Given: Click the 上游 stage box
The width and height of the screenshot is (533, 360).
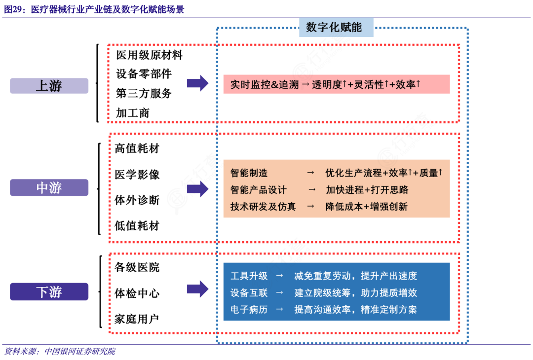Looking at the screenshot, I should pos(49,85).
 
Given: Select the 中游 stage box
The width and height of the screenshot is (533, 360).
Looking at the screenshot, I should pos(49,187).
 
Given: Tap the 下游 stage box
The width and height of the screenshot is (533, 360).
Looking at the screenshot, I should pos(49,291).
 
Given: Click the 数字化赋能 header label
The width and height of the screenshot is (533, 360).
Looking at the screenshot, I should pos(334,27).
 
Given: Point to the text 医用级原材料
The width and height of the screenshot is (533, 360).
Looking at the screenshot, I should pos(149,55).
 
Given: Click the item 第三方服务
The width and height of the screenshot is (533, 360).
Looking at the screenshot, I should pos(144,93).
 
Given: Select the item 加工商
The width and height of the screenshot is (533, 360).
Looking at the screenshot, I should pos(132,112).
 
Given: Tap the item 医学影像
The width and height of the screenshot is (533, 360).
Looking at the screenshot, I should pos(137,175).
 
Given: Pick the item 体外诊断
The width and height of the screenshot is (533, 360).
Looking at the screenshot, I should pos(137,200).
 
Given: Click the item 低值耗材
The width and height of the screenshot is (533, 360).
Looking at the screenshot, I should pos(137,226).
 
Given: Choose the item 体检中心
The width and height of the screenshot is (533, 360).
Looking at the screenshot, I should pos(137,293).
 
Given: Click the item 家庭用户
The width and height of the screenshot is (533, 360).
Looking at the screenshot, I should pos(137,319).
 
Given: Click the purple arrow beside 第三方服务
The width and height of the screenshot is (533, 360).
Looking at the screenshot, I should pos(197,84).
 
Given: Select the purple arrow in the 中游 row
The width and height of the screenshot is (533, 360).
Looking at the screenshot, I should pos(197,188).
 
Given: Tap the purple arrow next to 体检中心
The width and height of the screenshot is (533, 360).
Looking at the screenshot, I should pos(197,289).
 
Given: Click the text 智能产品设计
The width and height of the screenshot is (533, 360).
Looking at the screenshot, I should pos(258,190).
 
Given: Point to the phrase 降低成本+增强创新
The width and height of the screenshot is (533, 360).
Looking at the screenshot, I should pos(366,207).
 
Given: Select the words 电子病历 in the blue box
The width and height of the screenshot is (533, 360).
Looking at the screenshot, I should pos(249,309).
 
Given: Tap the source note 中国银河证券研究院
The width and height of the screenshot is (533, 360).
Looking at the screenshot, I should pos(79,351).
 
